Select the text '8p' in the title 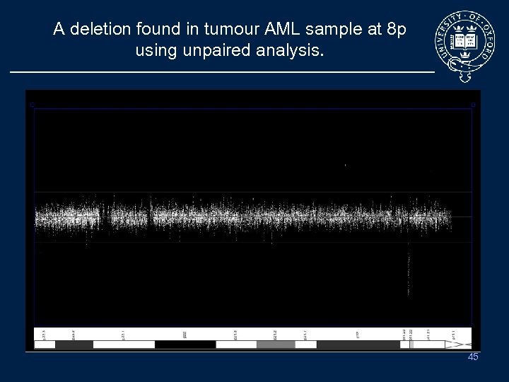(393, 30)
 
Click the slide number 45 (473, 357)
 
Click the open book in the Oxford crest (466, 41)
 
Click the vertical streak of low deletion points (409, 272)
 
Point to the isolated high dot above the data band (345, 165)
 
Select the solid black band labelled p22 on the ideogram (185, 345)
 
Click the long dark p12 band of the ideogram (358, 345)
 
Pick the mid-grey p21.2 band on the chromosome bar (276, 345)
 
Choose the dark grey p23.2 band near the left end (74, 345)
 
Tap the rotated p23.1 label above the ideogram (124, 334)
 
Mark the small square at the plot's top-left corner (31, 105)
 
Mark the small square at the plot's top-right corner (473, 105)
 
